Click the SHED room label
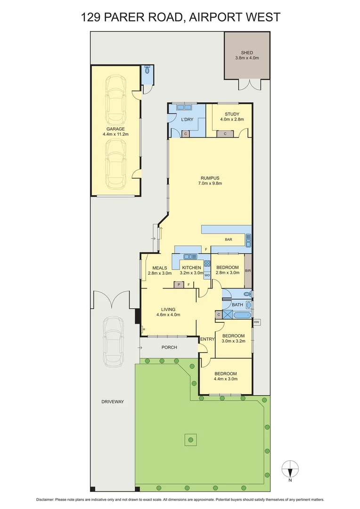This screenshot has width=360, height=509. [x=247, y=52]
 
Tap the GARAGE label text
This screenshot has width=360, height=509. [x=115, y=129]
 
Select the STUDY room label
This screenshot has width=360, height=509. [x=232, y=114]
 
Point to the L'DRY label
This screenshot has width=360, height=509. [x=188, y=120]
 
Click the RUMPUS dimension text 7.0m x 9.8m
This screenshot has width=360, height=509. [x=211, y=183]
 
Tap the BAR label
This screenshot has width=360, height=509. [x=228, y=240]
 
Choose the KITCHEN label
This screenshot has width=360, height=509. [x=192, y=268]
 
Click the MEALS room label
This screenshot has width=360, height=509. [x=159, y=268]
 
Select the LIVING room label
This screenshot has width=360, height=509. [x=168, y=309]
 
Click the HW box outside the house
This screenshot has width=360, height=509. [x=257, y=322]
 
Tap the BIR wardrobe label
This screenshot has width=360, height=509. [x=248, y=271]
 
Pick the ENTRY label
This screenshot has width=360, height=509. [x=207, y=339]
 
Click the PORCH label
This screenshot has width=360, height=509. [x=169, y=347]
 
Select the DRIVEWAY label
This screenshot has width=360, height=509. [x=112, y=402]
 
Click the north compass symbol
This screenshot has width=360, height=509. [x=290, y=469]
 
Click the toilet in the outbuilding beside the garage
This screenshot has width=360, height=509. [x=147, y=71]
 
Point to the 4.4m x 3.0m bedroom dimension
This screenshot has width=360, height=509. [x=225, y=378]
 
